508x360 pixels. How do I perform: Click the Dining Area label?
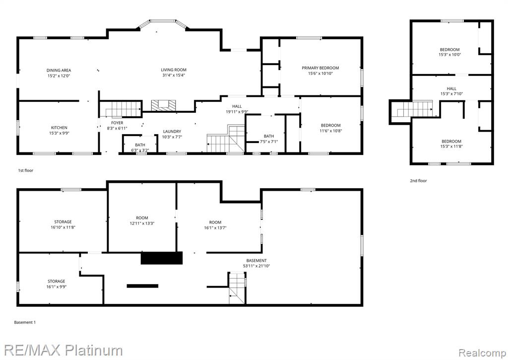[x=59, y=70]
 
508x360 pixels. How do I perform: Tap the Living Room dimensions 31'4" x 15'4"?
[x=174, y=75]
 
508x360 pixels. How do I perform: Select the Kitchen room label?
[x=60, y=128]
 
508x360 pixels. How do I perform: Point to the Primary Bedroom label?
[x=320, y=68]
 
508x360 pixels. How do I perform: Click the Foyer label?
[x=117, y=123]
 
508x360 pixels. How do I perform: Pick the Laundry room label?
[x=172, y=132]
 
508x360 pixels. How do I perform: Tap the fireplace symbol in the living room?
[x=164, y=105]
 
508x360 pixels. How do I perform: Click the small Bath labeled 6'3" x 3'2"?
[x=140, y=147]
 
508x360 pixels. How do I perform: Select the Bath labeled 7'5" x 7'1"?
[x=268, y=139]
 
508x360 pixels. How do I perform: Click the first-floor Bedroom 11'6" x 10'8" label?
[x=331, y=128]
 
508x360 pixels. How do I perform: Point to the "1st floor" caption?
[x=26, y=170]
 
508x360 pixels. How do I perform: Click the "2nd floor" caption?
[x=418, y=181]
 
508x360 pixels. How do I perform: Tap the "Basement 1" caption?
[x=25, y=322]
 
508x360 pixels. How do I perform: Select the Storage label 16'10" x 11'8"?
[x=63, y=224]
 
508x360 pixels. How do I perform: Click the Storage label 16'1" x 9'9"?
[x=57, y=284]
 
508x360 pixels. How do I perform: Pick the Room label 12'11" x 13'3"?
[x=142, y=220]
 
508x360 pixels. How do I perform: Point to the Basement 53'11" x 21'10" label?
[x=256, y=263]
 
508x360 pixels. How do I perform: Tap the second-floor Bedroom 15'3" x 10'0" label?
[x=449, y=52]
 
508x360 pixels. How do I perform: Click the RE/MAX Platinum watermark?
[x=63, y=350]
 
